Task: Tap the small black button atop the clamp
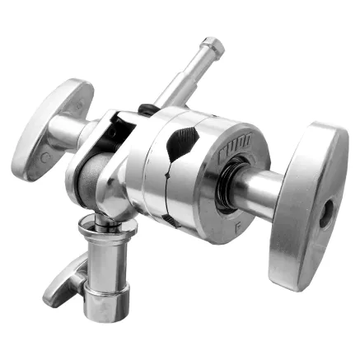(x=146, y=108)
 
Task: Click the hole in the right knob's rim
(x=327, y=216)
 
